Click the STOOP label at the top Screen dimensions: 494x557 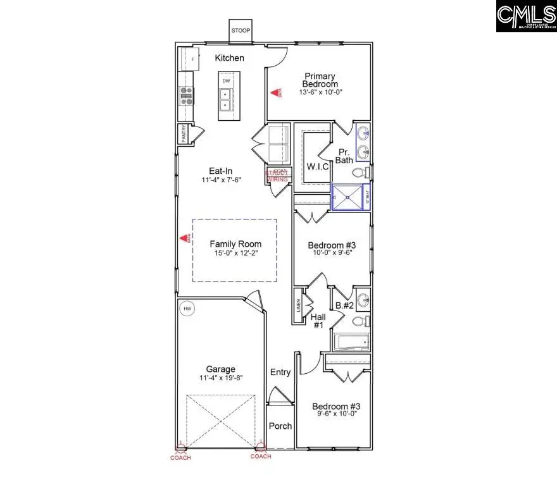[x=240, y=30]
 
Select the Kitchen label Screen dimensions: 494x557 [x=229, y=58]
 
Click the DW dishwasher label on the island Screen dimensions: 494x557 [x=226, y=82]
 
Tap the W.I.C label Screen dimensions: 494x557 [x=316, y=167]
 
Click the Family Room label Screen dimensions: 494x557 [x=235, y=244]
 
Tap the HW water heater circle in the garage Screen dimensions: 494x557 [x=187, y=309]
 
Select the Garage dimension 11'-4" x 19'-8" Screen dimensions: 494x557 [x=220, y=378]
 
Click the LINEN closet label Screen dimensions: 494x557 [x=298, y=306]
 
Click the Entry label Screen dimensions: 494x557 [x=280, y=372]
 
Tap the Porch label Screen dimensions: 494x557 [x=280, y=426]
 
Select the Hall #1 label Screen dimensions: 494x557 [x=318, y=320]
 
